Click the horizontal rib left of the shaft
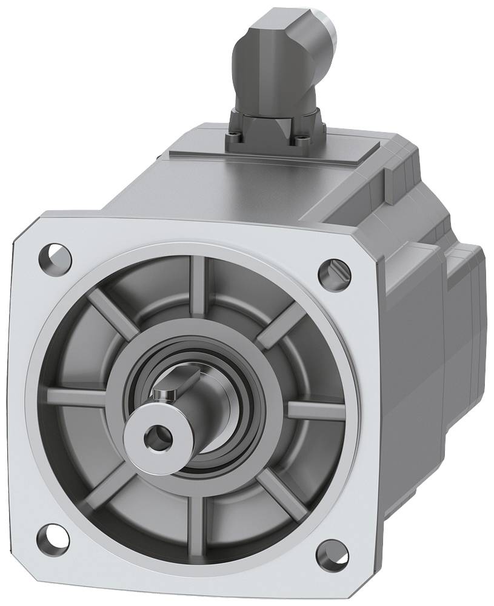(x=79, y=397)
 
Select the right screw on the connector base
(x=301, y=141)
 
